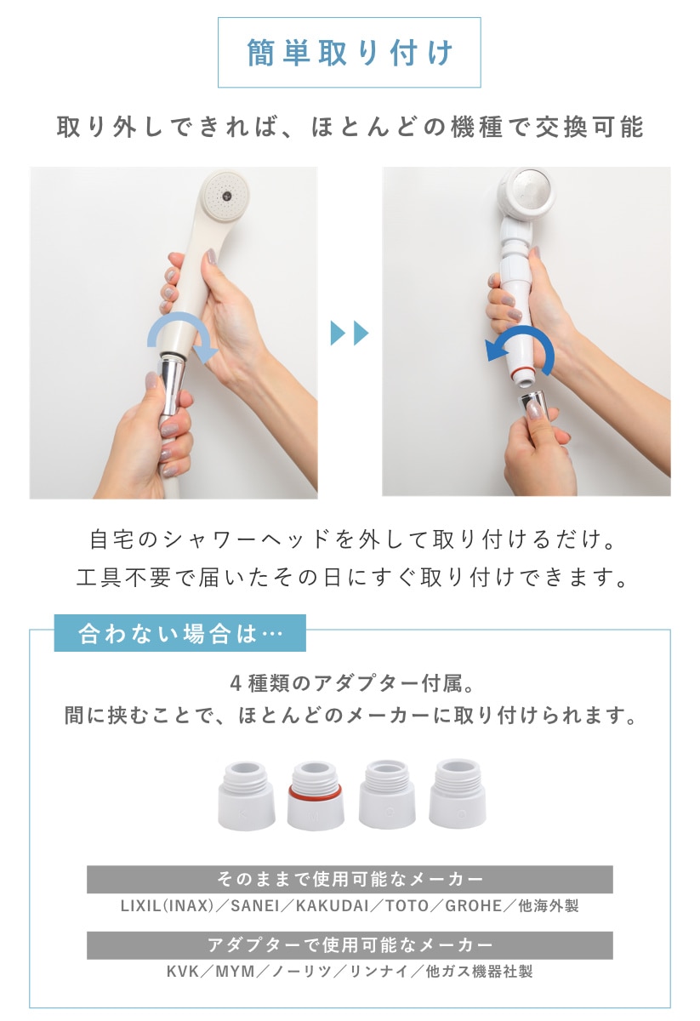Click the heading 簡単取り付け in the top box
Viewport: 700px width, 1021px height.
[350, 53]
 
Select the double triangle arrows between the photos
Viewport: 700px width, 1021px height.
[349, 333]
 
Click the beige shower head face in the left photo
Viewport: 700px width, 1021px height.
[225, 196]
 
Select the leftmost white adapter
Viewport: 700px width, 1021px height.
[246, 796]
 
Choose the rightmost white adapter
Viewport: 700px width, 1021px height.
[457, 794]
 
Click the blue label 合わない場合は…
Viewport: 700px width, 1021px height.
[180, 633]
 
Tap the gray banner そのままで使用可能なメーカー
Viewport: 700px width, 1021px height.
[350, 879]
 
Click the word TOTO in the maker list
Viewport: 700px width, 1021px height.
[407, 905]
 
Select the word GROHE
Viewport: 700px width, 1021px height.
[474, 905]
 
